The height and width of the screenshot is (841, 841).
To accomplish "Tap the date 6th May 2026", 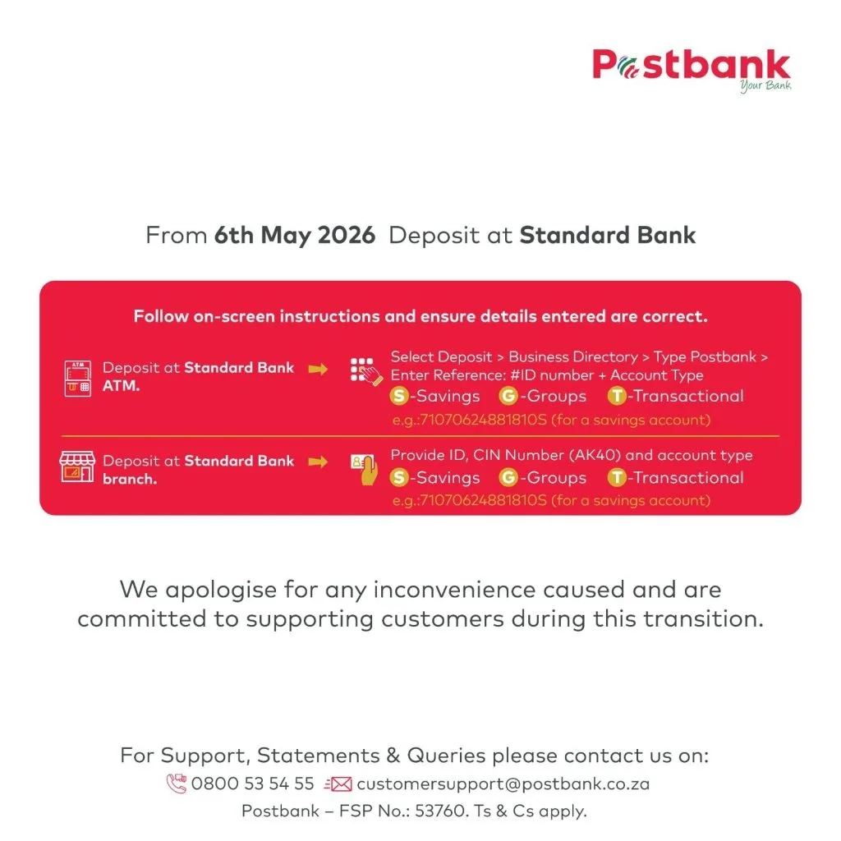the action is click(x=295, y=235).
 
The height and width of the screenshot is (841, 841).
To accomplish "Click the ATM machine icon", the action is click(x=78, y=379).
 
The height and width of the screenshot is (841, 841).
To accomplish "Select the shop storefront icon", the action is click(x=77, y=466).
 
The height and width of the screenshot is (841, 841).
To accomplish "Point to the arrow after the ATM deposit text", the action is click(x=318, y=369).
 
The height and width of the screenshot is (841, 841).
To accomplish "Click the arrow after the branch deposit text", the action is click(x=318, y=462).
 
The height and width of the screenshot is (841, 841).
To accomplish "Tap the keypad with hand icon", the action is click(x=366, y=371).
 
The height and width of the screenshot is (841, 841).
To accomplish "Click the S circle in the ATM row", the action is click(x=398, y=397).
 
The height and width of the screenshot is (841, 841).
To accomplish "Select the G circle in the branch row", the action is click(x=508, y=477).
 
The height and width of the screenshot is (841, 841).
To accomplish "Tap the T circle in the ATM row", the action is click(x=617, y=397).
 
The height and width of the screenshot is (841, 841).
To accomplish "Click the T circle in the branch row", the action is click(x=617, y=477).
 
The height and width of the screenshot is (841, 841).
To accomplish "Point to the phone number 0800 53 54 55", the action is click(x=253, y=784).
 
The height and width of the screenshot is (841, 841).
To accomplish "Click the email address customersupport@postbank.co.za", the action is click(x=503, y=784).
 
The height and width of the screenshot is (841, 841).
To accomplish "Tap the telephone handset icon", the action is click(x=177, y=783).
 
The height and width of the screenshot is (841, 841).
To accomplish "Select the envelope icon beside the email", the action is click(x=338, y=784).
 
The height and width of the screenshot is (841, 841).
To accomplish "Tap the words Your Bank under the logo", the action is click(x=765, y=85).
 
